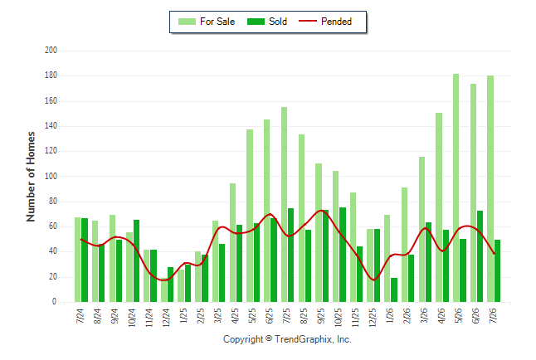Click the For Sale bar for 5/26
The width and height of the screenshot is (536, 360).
point(456,187)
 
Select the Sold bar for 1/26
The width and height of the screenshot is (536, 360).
point(394,290)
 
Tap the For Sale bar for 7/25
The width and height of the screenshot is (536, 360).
point(284,204)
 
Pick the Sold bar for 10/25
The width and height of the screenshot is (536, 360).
point(343,255)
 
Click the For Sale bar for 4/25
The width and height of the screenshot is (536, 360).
point(232,243)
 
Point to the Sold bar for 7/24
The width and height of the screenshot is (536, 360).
point(85,260)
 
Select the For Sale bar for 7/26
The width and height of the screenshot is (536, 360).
point(490,189)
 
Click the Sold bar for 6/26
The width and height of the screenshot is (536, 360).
point(480,256)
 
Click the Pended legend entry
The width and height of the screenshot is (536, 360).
point(325,22)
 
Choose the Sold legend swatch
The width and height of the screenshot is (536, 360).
point(256,22)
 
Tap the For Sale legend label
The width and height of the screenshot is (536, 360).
point(217,22)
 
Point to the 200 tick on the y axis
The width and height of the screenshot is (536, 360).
point(51,51)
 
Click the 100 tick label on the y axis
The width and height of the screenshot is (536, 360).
point(51,176)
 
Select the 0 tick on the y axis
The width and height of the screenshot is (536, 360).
point(54,302)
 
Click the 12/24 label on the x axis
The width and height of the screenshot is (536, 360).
point(166,317)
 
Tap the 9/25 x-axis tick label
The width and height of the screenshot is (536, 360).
point(320,315)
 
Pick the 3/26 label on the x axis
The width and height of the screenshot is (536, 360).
point(424,315)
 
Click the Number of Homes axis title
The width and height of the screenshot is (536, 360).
point(31,177)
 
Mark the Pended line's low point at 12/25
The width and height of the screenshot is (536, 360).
point(374,280)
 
